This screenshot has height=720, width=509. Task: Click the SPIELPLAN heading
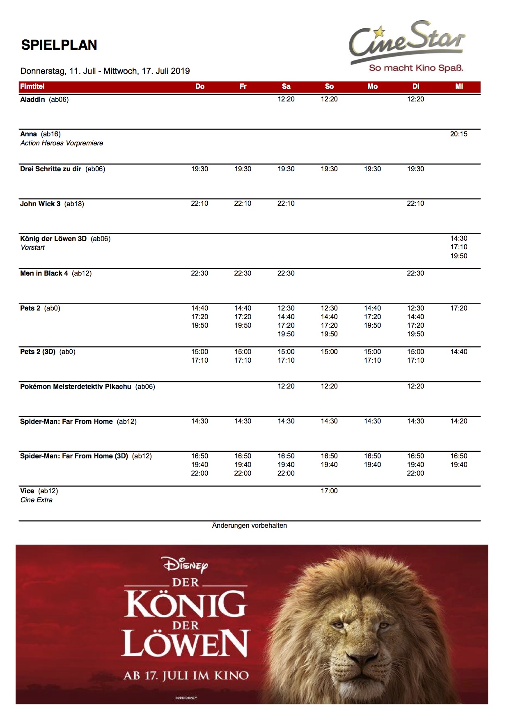[x=59, y=45]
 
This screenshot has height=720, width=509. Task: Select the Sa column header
[x=286, y=86]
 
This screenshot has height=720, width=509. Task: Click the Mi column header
[x=459, y=86]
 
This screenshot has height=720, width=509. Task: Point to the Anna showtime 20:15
[x=459, y=134]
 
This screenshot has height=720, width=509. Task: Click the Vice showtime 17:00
[x=329, y=491]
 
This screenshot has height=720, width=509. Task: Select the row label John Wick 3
[x=40, y=204]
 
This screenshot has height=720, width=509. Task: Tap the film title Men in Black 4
[x=44, y=274]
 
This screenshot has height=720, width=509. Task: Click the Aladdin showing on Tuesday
[x=415, y=99]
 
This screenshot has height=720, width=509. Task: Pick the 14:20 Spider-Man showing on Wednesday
[x=459, y=421]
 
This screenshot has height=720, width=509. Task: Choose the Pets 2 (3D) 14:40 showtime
[x=459, y=352]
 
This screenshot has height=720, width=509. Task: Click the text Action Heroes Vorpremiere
[x=62, y=143]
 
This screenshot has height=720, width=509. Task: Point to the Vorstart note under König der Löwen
[x=33, y=247]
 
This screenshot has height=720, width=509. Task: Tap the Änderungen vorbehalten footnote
[x=249, y=525]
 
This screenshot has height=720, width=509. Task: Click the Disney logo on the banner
[x=186, y=565]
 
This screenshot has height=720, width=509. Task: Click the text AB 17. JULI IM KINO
[x=186, y=676]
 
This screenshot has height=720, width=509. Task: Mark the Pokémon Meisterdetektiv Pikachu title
[x=76, y=386]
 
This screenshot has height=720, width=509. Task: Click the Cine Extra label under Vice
[x=37, y=500]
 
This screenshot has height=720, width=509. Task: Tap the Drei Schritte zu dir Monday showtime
[x=372, y=169]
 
